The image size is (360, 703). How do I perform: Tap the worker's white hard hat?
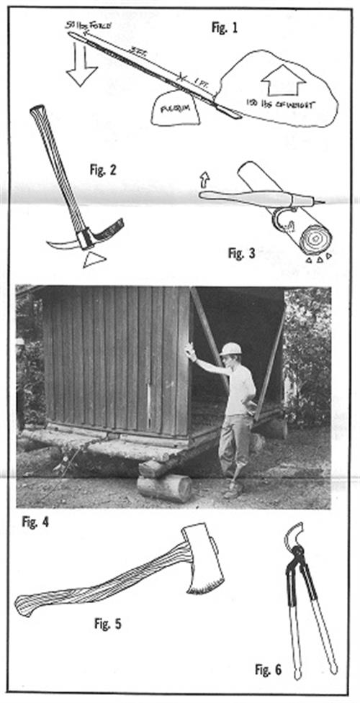[x=230, y=349]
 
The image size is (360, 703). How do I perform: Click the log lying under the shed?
[x=164, y=487]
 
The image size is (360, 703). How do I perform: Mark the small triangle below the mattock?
[x=94, y=259]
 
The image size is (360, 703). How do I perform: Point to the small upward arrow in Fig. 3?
[x=204, y=177]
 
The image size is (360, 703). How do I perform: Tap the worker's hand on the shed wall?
[x=189, y=350]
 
